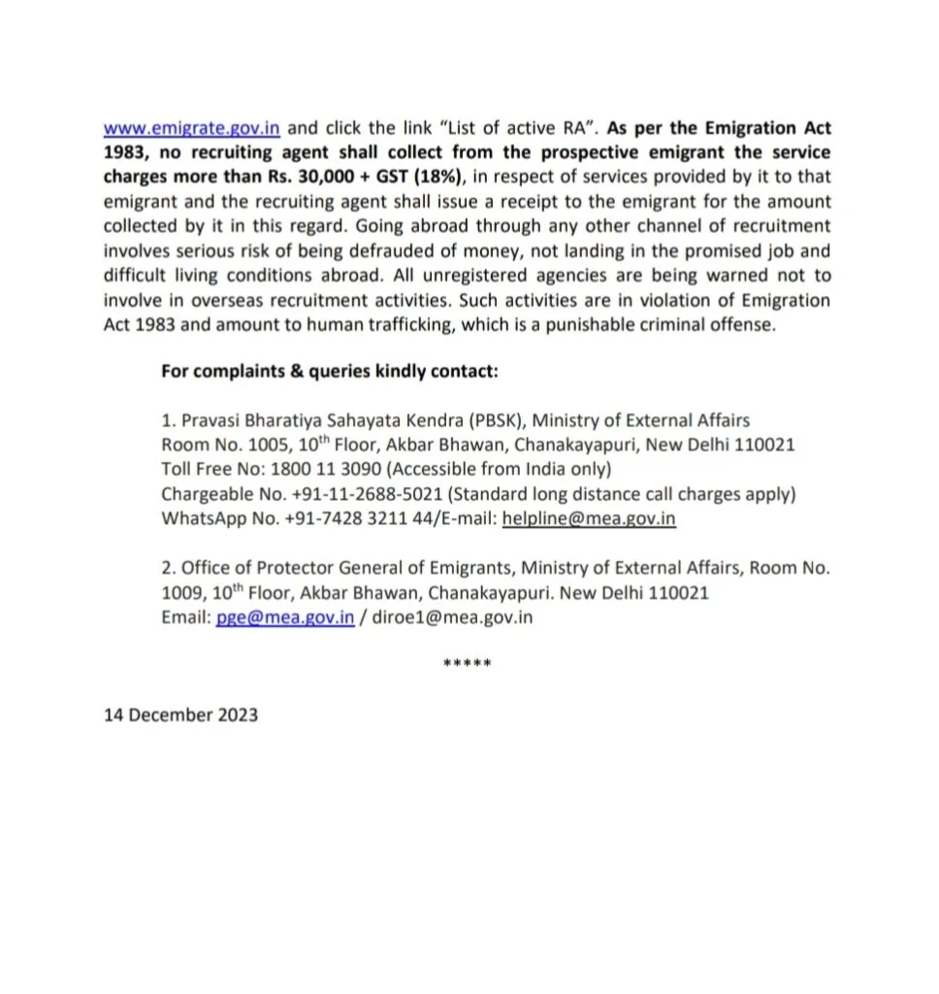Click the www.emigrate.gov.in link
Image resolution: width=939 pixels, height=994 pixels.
(192, 128)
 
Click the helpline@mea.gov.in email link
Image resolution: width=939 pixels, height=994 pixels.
(589, 518)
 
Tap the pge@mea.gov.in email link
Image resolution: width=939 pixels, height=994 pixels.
(285, 617)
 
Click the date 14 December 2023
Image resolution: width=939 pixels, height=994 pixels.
(181, 715)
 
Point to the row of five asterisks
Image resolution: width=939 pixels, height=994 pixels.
(467, 665)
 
